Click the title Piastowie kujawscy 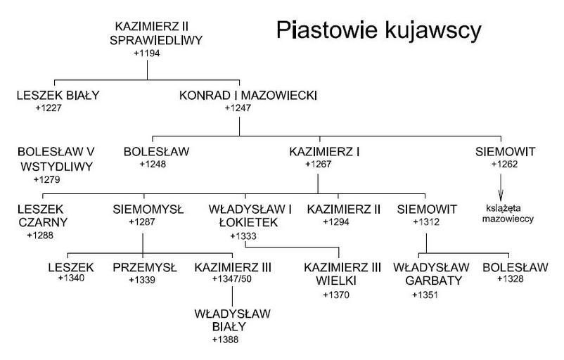coord(378,31)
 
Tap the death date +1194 coord(146,53)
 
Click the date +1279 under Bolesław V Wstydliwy coord(46,179)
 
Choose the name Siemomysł coord(148,209)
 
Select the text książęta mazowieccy coord(510,213)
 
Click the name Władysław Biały coord(224,320)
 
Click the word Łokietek coord(243,222)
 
